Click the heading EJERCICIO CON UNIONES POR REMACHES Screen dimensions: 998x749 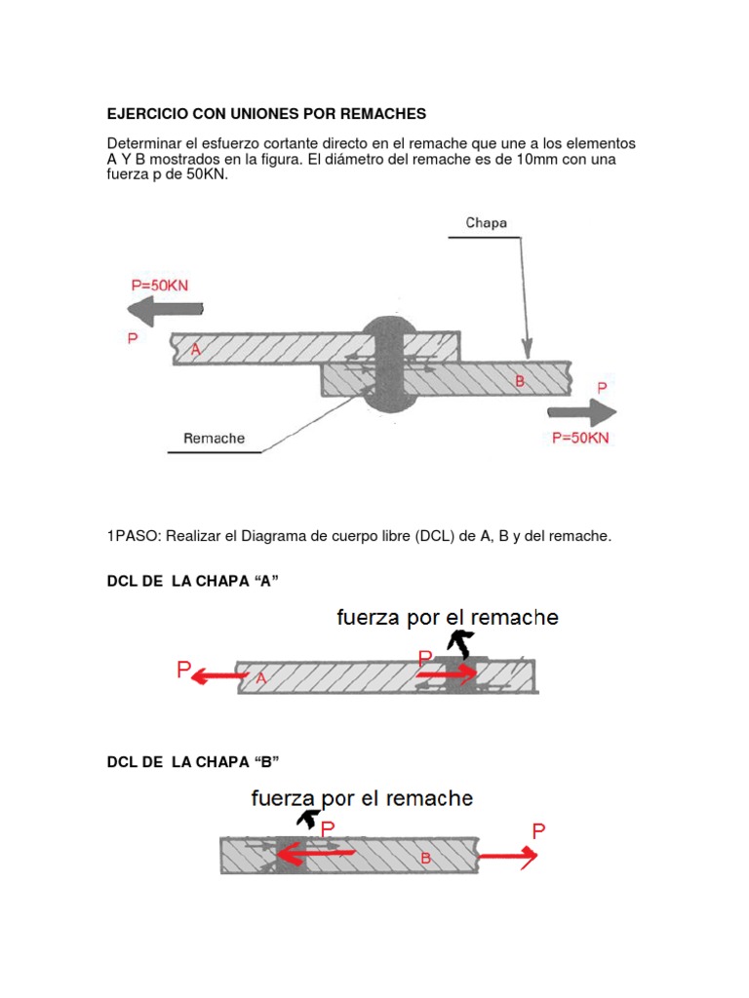(x=266, y=114)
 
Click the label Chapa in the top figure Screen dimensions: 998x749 (x=486, y=222)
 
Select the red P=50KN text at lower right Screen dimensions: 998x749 (x=580, y=438)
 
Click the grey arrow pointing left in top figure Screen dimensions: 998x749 (x=165, y=312)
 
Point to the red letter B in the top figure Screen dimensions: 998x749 (x=520, y=381)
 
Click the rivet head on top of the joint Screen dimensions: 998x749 (x=389, y=328)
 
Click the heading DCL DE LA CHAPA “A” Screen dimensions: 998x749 (x=200, y=582)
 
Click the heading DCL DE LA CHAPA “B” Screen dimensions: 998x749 (x=200, y=761)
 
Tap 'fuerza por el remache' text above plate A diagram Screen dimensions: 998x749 (x=448, y=617)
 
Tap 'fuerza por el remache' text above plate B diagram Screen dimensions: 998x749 (x=362, y=798)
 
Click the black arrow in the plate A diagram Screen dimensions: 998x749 (x=456, y=643)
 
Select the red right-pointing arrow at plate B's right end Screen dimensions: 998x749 (x=508, y=856)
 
